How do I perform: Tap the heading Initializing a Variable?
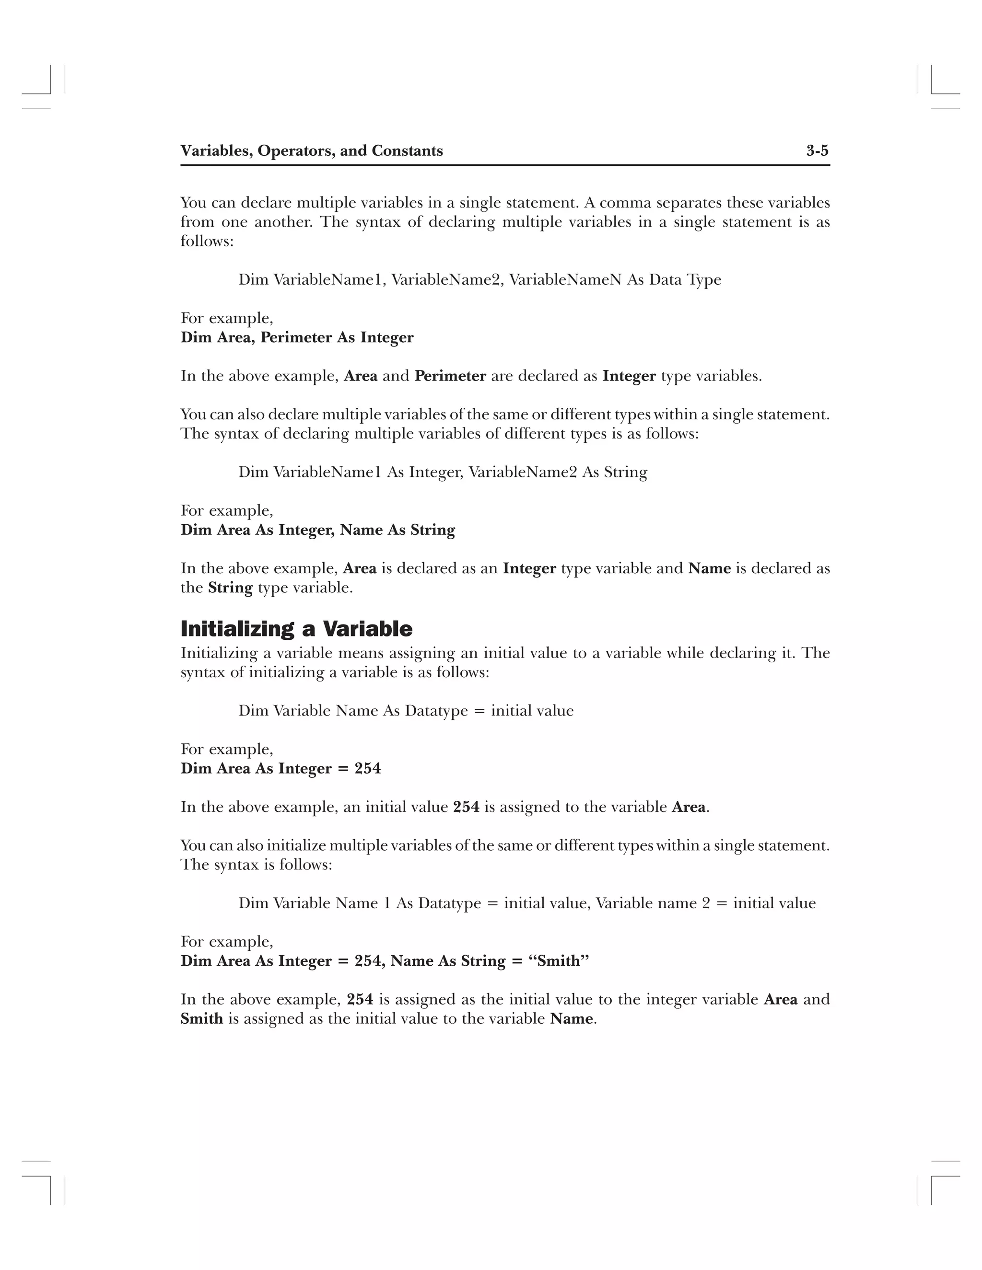pos(296,629)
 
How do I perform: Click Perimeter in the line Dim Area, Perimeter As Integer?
pos(296,338)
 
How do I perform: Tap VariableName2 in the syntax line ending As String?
pos(523,472)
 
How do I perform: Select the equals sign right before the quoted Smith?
pos(516,962)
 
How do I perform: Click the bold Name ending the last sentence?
pos(571,1019)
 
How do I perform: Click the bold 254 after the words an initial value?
pos(466,807)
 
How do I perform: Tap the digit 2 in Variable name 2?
pos(706,903)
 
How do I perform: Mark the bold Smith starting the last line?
pos(202,1019)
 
